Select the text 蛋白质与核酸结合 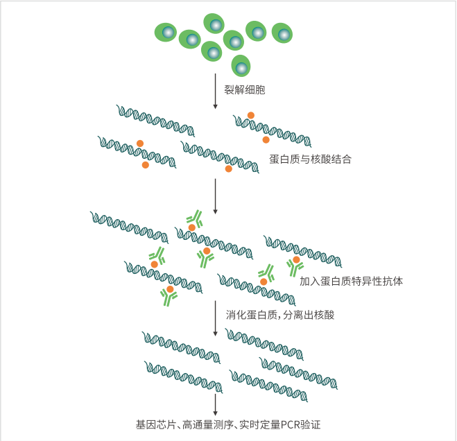coord(310,159)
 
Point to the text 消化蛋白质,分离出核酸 coord(280,315)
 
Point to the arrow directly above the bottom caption coord(216,404)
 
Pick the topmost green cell coord(214,24)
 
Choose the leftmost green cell coord(166,32)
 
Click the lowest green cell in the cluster coord(241,67)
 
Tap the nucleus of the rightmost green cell coord(282,33)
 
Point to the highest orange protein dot coord(251,115)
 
